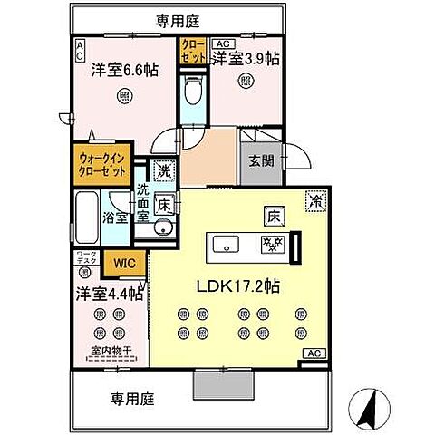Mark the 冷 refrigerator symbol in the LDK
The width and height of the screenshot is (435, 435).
point(315,201)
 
